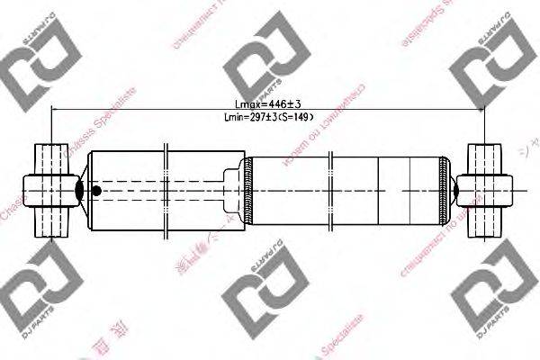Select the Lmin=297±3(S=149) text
click(x=267, y=116)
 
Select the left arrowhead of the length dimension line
click(x=56, y=109)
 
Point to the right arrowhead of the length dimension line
click(x=482, y=109)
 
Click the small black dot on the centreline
click(x=97, y=191)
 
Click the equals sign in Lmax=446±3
click(x=248, y=103)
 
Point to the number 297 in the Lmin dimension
click(x=256, y=116)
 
